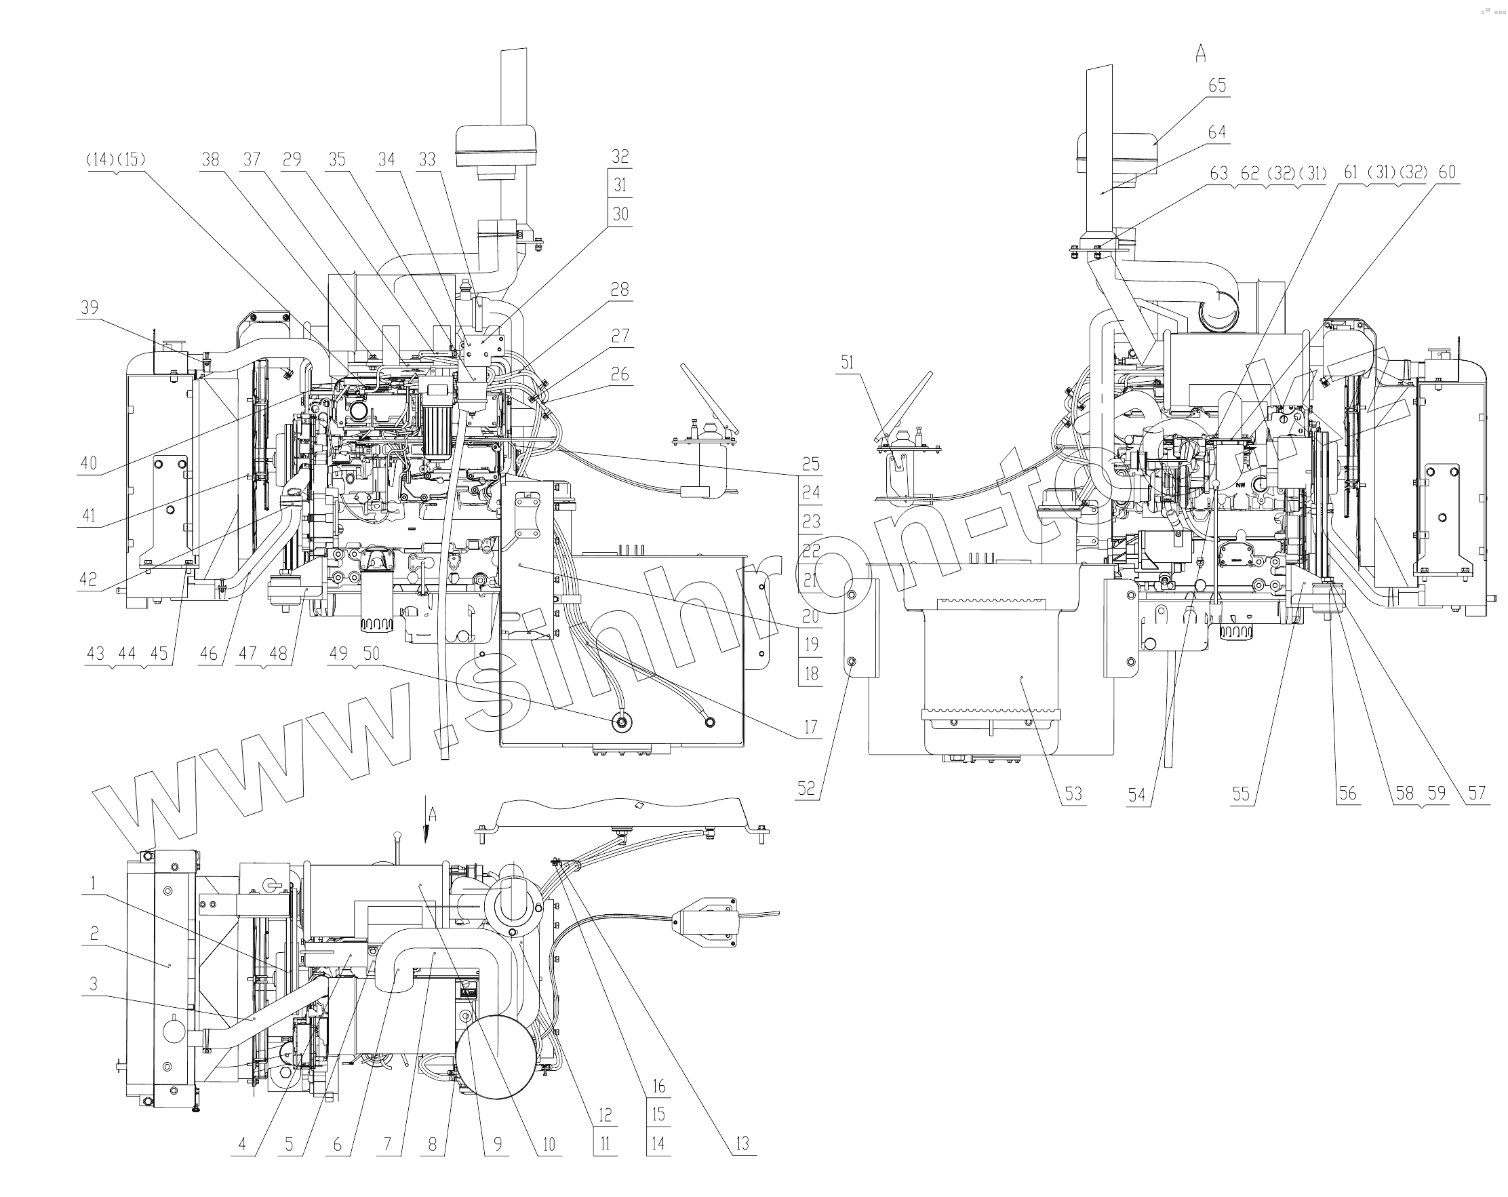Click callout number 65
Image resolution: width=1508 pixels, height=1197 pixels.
[x=1217, y=85]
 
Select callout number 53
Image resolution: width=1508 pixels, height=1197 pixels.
[x=1073, y=793]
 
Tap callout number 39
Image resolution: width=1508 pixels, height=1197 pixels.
[x=90, y=308]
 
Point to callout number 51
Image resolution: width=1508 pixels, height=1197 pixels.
[x=847, y=362]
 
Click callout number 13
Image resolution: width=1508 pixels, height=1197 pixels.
[x=742, y=1143]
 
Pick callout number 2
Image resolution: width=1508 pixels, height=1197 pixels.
[x=94, y=933]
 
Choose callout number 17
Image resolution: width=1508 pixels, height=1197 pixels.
[x=810, y=728]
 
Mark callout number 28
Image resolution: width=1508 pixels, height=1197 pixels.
[x=620, y=290]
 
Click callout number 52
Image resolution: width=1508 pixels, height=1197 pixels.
[x=806, y=789]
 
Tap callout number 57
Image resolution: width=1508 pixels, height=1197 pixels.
[x=1477, y=793]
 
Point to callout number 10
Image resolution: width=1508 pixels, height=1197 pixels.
[x=549, y=1143]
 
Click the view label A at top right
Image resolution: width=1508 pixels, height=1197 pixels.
[x=1201, y=54]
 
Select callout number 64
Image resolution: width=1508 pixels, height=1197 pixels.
[x=1217, y=132]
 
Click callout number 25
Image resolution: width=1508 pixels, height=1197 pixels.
[x=811, y=464]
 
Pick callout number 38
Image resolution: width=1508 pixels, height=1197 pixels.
[x=210, y=160]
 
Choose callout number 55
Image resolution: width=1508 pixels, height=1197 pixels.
[x=1241, y=793]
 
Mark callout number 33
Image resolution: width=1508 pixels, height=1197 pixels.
[x=426, y=160]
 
